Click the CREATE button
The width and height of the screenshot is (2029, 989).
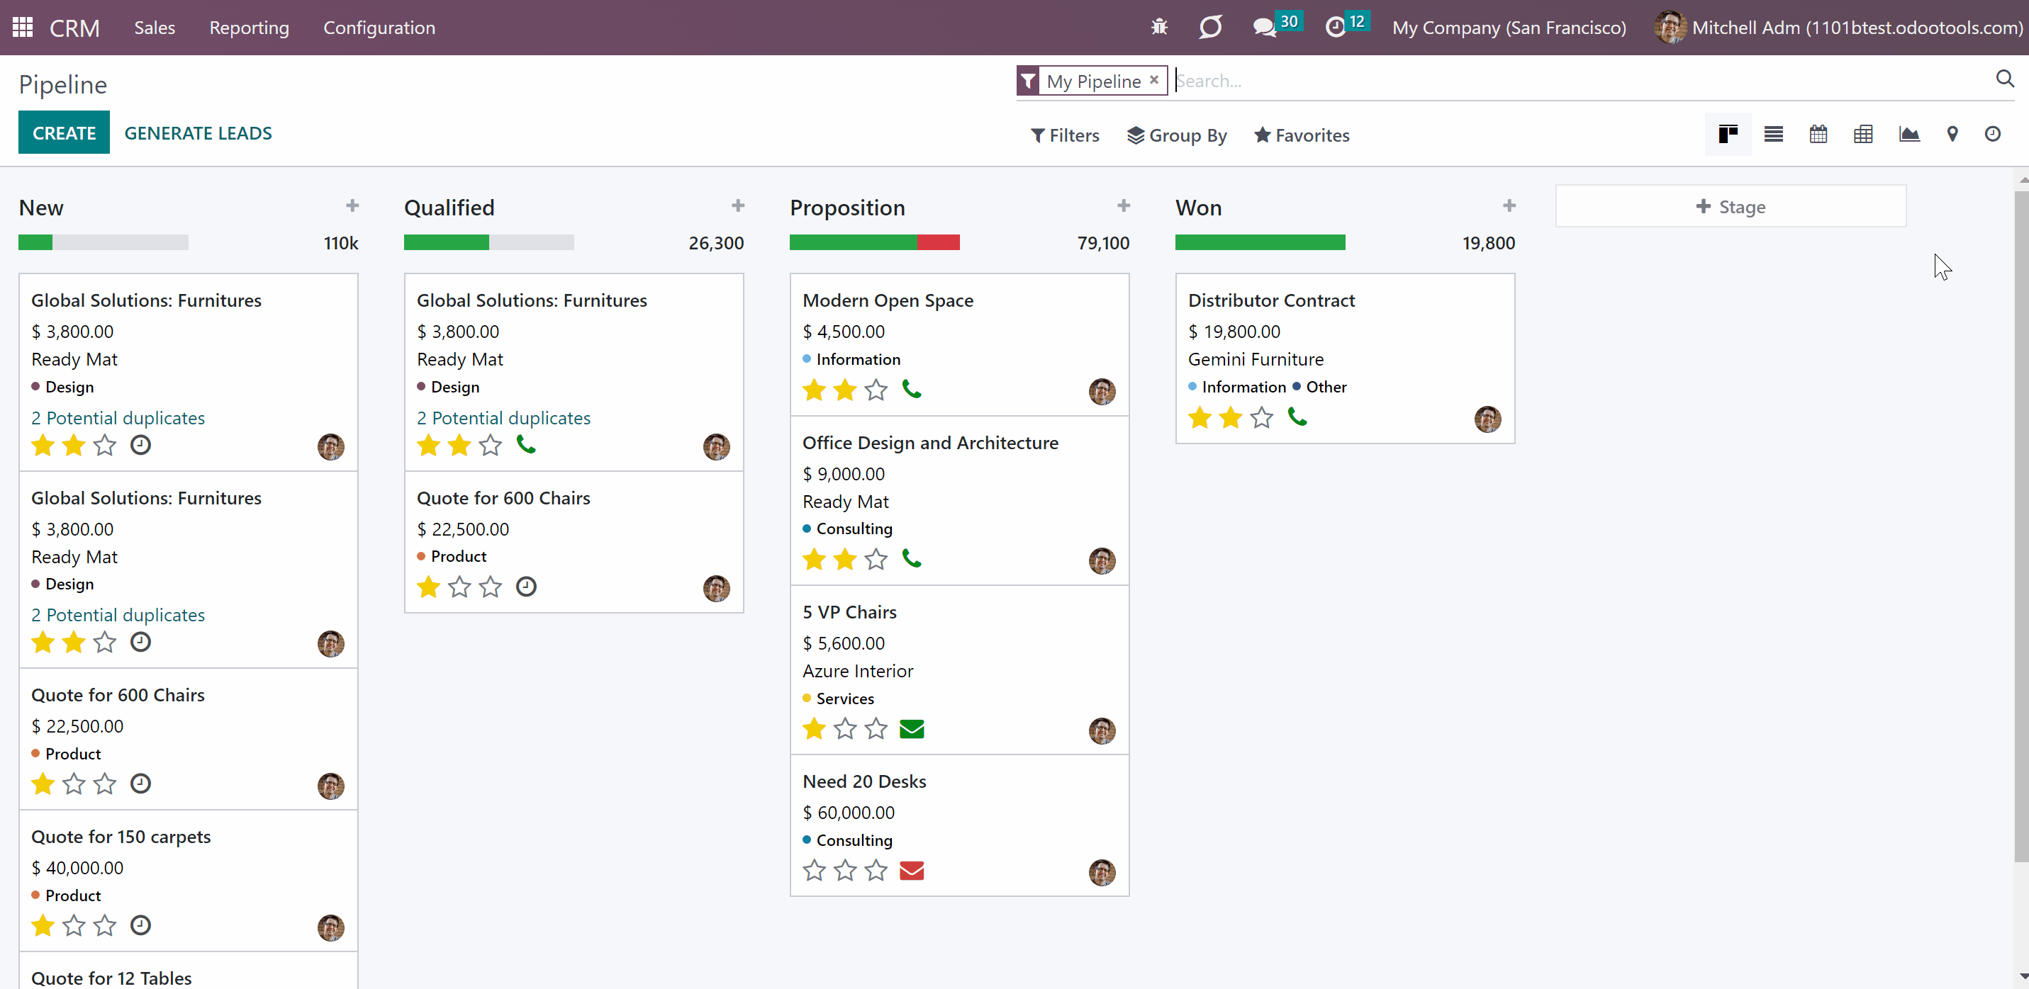[x=64, y=132]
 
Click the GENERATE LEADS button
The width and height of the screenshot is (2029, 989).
[x=198, y=133]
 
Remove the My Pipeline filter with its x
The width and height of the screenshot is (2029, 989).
[x=1154, y=79]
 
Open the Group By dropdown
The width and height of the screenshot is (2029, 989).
[x=1177, y=135]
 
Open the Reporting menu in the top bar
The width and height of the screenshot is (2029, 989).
[x=249, y=28]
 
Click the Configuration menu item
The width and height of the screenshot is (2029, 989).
[x=379, y=28]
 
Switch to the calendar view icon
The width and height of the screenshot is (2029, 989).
[x=1818, y=135]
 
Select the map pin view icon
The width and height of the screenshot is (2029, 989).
[x=1952, y=135]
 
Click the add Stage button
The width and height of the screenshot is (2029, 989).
[x=1731, y=206]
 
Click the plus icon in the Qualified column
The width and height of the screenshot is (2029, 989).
[x=738, y=205]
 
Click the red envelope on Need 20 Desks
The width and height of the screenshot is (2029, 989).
[x=911, y=870]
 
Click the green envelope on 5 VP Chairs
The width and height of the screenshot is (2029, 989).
[x=911, y=728]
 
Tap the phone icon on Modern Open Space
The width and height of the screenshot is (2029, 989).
[x=911, y=389]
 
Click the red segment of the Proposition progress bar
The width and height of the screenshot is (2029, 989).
[x=938, y=242]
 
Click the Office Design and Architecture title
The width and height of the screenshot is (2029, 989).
[x=930, y=443]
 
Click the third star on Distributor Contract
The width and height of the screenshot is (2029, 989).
[x=1261, y=417]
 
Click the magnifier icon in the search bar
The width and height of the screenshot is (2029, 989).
[x=2005, y=79]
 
